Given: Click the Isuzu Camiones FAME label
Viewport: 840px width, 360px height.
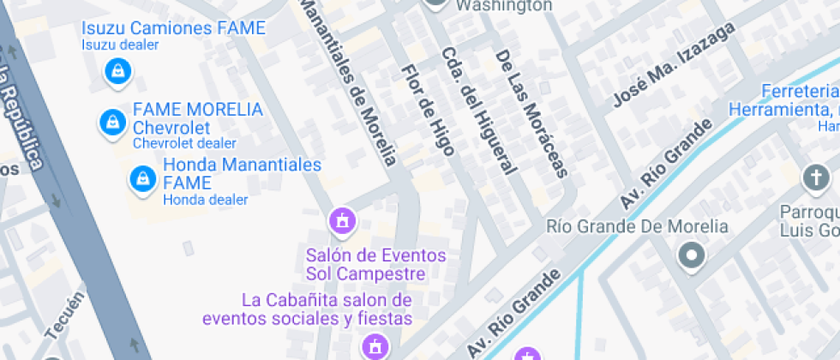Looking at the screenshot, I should tap(173, 27).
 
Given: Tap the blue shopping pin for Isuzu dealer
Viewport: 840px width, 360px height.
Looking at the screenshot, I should tap(117, 71).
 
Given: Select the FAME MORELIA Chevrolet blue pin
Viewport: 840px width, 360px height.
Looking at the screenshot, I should tap(111, 122).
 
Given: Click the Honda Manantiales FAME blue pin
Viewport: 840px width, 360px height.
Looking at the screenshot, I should tap(141, 179).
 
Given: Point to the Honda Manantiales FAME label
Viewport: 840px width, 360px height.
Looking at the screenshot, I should tap(242, 173).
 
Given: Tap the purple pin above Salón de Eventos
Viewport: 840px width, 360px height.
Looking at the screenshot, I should tap(342, 221).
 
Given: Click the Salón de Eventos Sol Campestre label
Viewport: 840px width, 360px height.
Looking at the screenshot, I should tap(375, 265).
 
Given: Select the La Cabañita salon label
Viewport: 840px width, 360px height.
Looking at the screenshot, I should tap(327, 309).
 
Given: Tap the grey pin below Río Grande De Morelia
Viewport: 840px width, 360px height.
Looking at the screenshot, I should tap(690, 255).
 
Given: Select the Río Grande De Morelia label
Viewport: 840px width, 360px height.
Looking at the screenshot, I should tap(637, 227).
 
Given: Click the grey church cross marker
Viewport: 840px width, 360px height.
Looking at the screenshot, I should tap(813, 178).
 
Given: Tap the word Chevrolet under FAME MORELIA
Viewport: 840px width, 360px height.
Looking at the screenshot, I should tap(171, 128).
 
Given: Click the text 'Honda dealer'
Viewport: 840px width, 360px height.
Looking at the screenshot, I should tap(205, 200).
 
